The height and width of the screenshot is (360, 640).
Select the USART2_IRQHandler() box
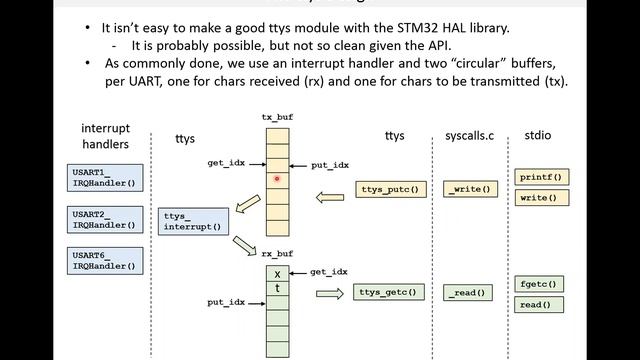[x=103, y=220]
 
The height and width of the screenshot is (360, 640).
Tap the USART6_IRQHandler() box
[x=103, y=263]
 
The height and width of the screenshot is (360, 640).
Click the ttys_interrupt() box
[x=190, y=221]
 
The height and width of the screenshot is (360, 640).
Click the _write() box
[x=470, y=189]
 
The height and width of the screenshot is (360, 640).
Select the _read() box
[x=468, y=293]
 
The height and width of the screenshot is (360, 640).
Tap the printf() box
[x=541, y=177]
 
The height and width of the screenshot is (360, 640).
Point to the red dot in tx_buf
[x=276, y=180]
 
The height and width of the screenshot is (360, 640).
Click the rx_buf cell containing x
[x=277, y=273]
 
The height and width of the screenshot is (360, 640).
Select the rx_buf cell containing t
[x=277, y=289]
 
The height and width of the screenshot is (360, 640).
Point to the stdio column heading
[x=541, y=135]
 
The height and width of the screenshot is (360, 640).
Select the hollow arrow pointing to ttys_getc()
[x=330, y=293]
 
